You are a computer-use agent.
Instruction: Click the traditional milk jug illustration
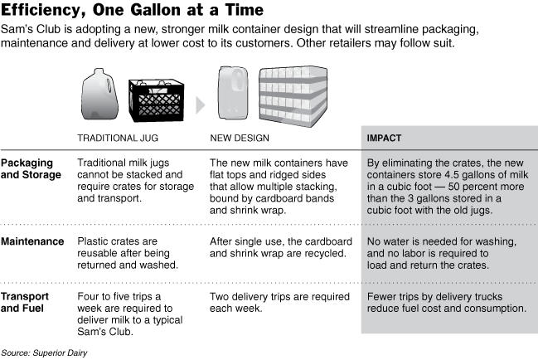tap(100, 94)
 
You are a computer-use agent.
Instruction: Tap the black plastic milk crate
tap(156, 100)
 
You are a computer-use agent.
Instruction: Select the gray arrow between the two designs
tap(201, 105)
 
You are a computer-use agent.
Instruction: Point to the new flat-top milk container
tap(233, 93)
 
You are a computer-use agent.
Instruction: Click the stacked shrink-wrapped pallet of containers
tap(293, 96)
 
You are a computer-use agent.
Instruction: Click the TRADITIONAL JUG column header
tap(118, 138)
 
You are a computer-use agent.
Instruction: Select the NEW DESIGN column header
tap(240, 138)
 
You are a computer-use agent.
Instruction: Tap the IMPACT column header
tap(384, 138)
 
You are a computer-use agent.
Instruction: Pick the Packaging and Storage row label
tap(31, 168)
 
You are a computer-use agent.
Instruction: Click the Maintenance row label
tap(32, 241)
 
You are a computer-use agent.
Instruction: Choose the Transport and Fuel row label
tap(25, 302)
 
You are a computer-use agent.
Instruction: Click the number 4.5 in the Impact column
tap(453, 175)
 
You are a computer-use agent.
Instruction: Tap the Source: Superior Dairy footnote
tap(44, 353)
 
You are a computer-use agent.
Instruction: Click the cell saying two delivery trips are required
tap(279, 302)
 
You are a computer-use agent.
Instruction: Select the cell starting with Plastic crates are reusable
tap(128, 253)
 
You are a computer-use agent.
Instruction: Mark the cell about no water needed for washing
tap(442, 253)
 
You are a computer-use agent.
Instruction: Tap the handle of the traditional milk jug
tap(109, 88)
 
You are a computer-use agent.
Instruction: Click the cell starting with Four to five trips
tap(129, 314)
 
